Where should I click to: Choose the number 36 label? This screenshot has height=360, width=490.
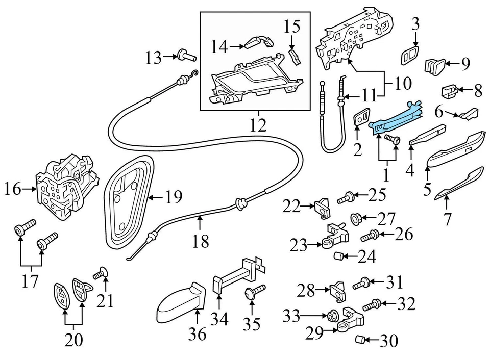click(x=197, y=334)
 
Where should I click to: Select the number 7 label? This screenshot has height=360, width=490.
click(x=447, y=219)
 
